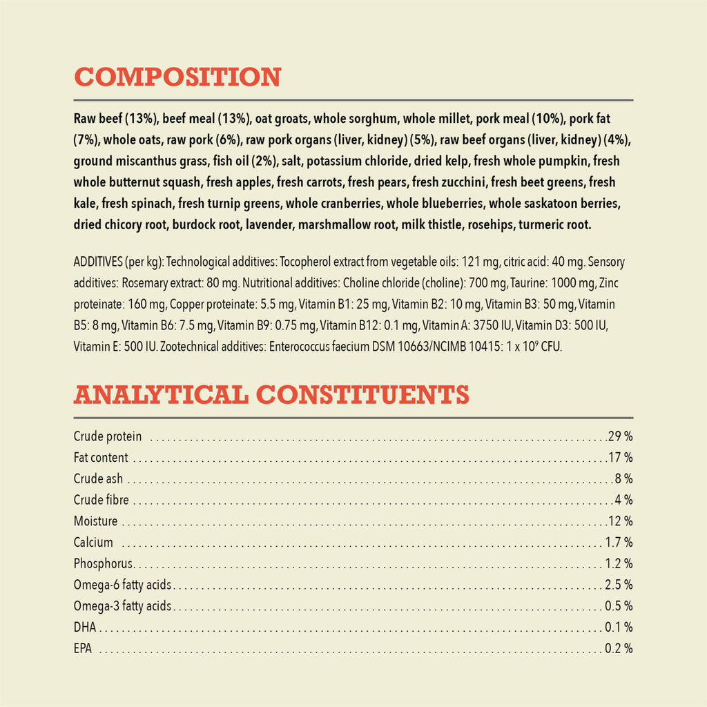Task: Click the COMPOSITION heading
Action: point(177,77)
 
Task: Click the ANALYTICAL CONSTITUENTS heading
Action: point(271,395)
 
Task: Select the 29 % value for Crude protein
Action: point(620,436)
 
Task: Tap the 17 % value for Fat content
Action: point(620,458)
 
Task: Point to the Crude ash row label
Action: point(98,479)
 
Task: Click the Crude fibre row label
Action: point(101,500)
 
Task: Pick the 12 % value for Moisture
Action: point(620,521)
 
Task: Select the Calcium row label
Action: point(93,543)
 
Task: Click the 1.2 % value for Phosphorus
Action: point(619,563)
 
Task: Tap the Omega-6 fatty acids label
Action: point(122,585)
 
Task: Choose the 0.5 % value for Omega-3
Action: point(619,606)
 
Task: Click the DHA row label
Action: point(84,628)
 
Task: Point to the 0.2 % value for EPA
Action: point(619,649)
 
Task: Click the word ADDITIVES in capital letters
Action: point(97,262)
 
